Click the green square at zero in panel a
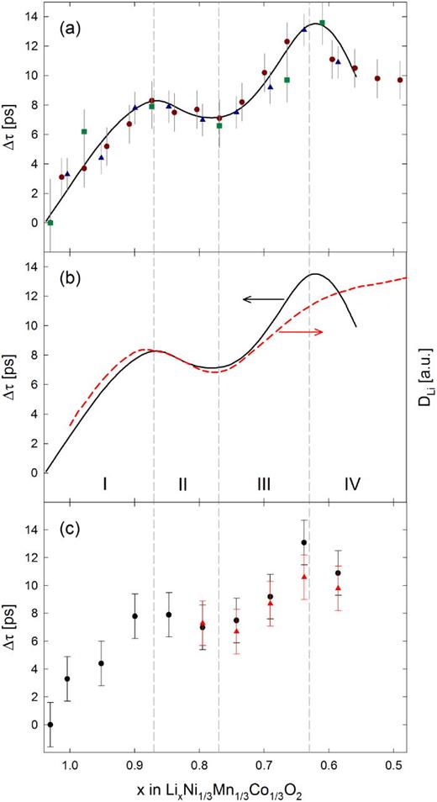click(50, 223)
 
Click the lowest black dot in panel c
click(50, 725)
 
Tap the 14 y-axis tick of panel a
click(34, 16)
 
